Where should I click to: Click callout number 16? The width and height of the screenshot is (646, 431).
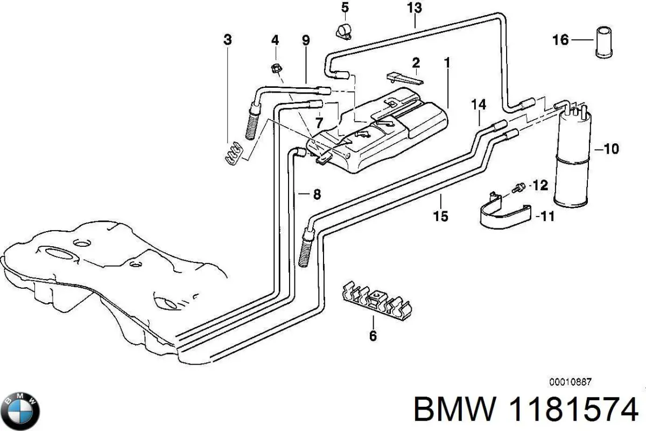[x=560, y=40]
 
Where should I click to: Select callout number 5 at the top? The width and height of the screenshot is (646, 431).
[x=345, y=8]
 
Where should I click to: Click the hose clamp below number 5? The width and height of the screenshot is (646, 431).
[x=343, y=31]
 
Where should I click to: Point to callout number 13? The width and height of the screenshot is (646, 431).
[x=415, y=8]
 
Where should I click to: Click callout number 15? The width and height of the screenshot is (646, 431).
[x=440, y=216]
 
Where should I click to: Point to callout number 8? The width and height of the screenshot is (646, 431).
[x=317, y=194]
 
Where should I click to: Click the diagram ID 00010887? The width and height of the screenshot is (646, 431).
[x=570, y=381]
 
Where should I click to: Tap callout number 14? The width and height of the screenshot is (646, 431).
[x=478, y=105]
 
